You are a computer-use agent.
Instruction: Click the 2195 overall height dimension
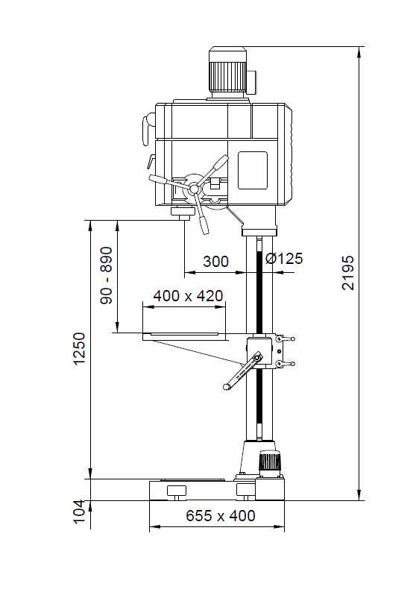click(x=347, y=272)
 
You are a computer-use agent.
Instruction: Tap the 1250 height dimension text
click(x=79, y=349)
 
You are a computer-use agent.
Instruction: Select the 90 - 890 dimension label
click(x=107, y=275)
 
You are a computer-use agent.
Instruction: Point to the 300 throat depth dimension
click(x=215, y=262)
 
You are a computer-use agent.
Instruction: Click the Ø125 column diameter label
click(x=284, y=259)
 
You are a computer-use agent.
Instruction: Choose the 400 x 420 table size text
click(x=188, y=295)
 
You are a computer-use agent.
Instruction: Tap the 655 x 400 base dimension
click(x=221, y=516)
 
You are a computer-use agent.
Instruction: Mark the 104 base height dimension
click(x=79, y=512)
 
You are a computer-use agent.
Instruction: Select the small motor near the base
click(x=270, y=463)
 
